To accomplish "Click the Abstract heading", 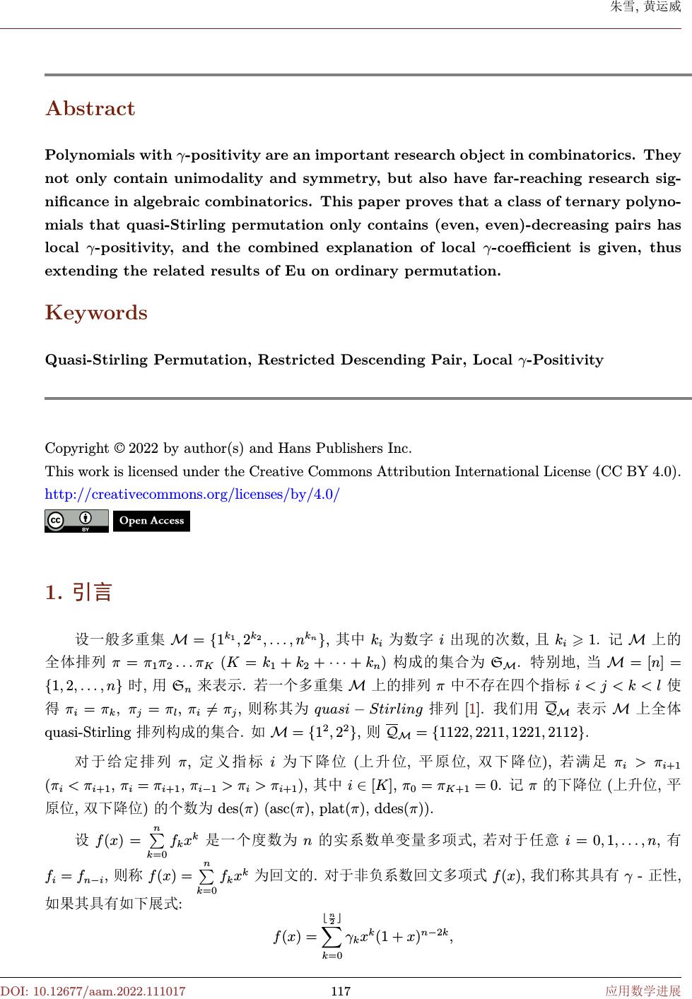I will click(90, 109).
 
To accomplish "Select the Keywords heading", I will click(96, 313).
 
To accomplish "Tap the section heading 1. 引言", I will click(78, 592).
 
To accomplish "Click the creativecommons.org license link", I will click(192, 494).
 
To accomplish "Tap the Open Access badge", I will click(151, 521).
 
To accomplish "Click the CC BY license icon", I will click(76, 521).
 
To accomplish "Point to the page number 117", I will click(341, 991).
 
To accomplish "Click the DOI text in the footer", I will click(93, 991).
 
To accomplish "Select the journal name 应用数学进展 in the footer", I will click(643, 991).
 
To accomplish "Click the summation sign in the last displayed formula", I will click(331, 937).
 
